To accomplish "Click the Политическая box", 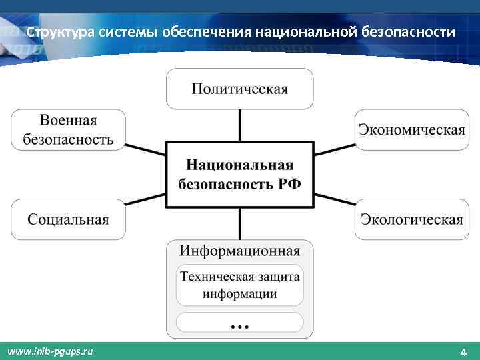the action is [239, 89].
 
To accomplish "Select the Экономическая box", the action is [411, 129].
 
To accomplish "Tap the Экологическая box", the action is [411, 219].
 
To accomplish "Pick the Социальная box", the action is [68, 219].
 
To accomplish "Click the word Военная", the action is [68, 121].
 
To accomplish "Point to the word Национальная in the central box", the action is [239, 165].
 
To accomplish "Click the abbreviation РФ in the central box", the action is [287, 183].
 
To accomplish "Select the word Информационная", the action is [239, 251].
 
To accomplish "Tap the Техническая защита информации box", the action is [239, 285].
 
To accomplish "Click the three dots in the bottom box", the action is [239, 326].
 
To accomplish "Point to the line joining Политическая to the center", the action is [239, 125].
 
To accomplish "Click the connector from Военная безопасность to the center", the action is [145, 148].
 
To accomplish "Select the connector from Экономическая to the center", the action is [334, 148].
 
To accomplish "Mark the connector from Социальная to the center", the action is [145, 201].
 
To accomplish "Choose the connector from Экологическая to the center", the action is [334, 201].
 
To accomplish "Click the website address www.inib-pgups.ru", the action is [49, 351].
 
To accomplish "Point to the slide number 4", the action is [463, 351].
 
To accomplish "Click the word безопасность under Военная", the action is [68, 139].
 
